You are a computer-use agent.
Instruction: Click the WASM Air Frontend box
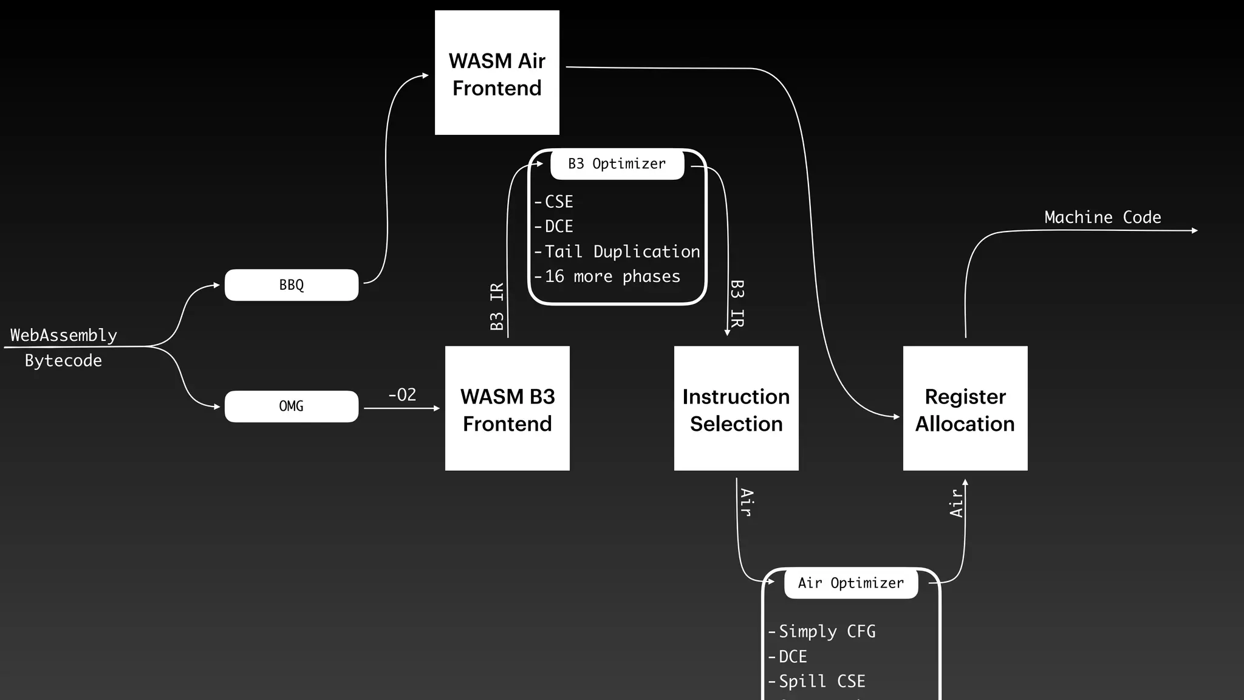[x=497, y=73]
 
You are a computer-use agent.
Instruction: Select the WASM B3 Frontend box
[x=507, y=408]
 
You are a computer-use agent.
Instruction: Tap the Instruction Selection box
[x=736, y=408]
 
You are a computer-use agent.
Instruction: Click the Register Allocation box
[x=965, y=408]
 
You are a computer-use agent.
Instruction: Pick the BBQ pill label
[x=292, y=285]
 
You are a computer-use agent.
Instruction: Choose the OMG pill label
[x=292, y=406]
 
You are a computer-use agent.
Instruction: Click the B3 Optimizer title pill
[x=617, y=164]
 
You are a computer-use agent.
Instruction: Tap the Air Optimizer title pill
[x=850, y=583]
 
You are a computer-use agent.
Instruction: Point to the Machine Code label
[x=1102, y=217]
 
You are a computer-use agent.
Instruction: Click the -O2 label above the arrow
[x=402, y=395]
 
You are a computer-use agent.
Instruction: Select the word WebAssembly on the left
[x=64, y=335]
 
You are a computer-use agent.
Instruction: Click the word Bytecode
[x=63, y=360]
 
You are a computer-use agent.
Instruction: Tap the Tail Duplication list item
[x=621, y=252]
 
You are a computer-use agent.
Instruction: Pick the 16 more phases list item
[x=612, y=276]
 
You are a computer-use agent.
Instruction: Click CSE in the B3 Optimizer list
[x=558, y=202]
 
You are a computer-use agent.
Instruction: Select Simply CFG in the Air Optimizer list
[x=827, y=631]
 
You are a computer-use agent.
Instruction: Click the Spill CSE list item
[x=821, y=681]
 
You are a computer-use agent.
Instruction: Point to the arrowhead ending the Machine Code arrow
[x=1195, y=230]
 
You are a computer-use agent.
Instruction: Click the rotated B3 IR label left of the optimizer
[x=497, y=306]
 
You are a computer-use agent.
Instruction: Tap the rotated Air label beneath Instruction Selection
[x=747, y=503]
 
